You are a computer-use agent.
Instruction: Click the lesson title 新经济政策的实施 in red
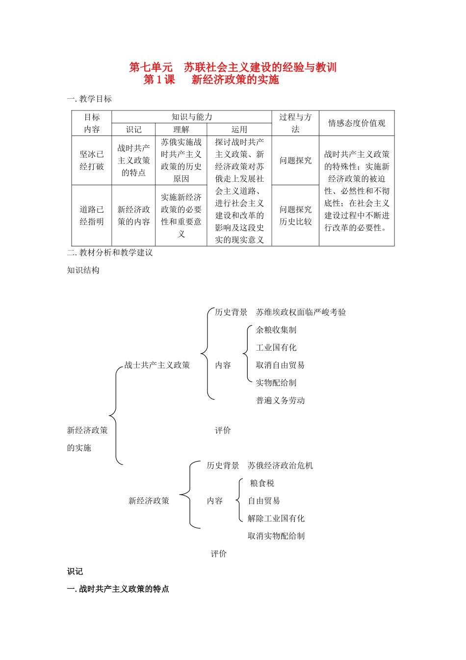[235, 80]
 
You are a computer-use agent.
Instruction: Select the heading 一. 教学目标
[89, 99]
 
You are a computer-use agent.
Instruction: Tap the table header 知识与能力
[192, 117]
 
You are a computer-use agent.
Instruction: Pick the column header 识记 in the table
[133, 129]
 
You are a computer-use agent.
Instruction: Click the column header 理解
[181, 129]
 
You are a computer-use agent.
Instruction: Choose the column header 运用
[239, 129]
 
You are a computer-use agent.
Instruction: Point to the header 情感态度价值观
[357, 123]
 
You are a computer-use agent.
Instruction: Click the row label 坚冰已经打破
[92, 160]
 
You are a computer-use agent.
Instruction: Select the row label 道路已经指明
[92, 215]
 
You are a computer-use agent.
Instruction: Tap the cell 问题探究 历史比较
[295, 215]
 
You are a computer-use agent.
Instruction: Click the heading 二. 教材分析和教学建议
[110, 252]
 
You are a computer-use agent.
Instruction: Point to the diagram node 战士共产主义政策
[157, 365]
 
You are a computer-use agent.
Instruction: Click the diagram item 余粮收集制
[276, 330]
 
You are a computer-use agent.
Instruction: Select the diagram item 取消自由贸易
[280, 365]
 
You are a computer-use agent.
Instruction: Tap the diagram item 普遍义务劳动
[280, 400]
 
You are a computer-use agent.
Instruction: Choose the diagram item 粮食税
[262, 483]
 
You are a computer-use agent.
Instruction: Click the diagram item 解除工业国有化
[276, 519]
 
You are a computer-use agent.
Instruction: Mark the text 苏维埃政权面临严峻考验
[301, 312]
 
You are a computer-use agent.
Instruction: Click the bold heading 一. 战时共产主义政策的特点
[118, 589]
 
